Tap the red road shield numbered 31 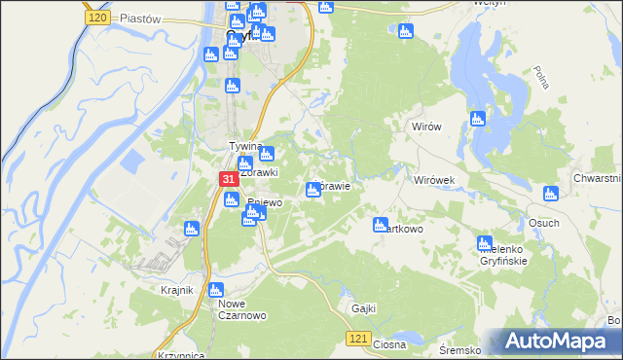click(227, 180)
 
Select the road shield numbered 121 click(357, 338)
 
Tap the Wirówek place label click(430, 181)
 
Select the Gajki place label click(363, 308)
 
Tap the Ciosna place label click(388, 344)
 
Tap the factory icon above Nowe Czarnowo click(216, 289)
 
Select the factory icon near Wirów click(476, 119)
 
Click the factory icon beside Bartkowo click(381, 225)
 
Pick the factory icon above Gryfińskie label click(484, 243)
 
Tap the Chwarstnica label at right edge click(597, 178)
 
